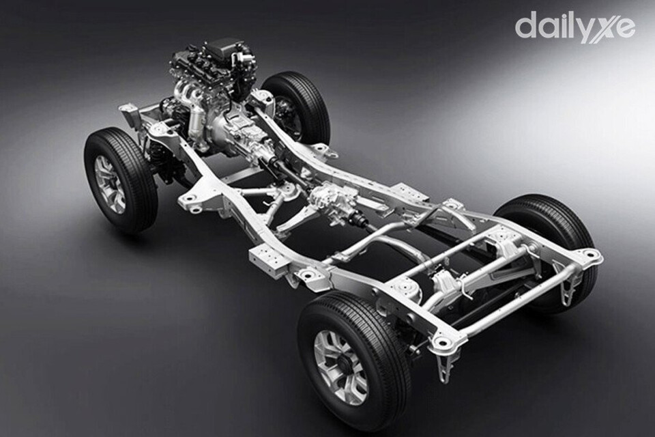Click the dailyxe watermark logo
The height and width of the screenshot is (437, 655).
coord(574,27)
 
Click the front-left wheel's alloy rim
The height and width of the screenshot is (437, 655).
coord(111,184)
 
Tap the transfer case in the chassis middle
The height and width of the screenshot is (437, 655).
coord(334,200)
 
